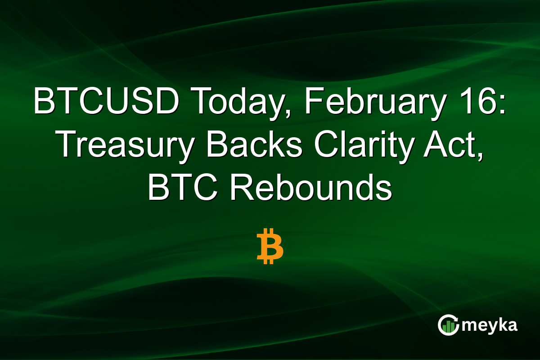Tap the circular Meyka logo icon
(x=448, y=325)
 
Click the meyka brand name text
(x=490, y=325)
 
